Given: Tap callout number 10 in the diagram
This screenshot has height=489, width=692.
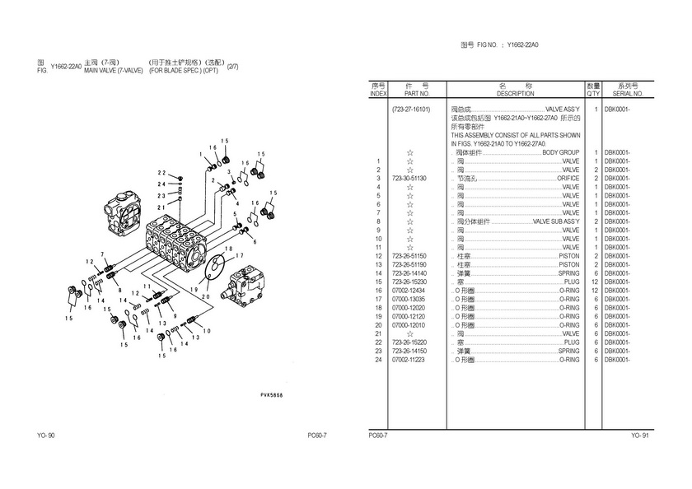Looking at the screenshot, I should pyautogui.click(x=206, y=330).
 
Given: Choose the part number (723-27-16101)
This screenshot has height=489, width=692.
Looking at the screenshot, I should pyautogui.click(x=411, y=109).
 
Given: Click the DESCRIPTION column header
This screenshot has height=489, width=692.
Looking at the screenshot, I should pyautogui.click(x=516, y=94).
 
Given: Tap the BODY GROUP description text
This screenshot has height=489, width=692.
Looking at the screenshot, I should pyautogui.click(x=560, y=153).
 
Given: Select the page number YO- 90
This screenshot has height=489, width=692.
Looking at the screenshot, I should pyautogui.click(x=46, y=435).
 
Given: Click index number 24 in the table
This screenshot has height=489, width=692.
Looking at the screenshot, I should pyautogui.click(x=377, y=360).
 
